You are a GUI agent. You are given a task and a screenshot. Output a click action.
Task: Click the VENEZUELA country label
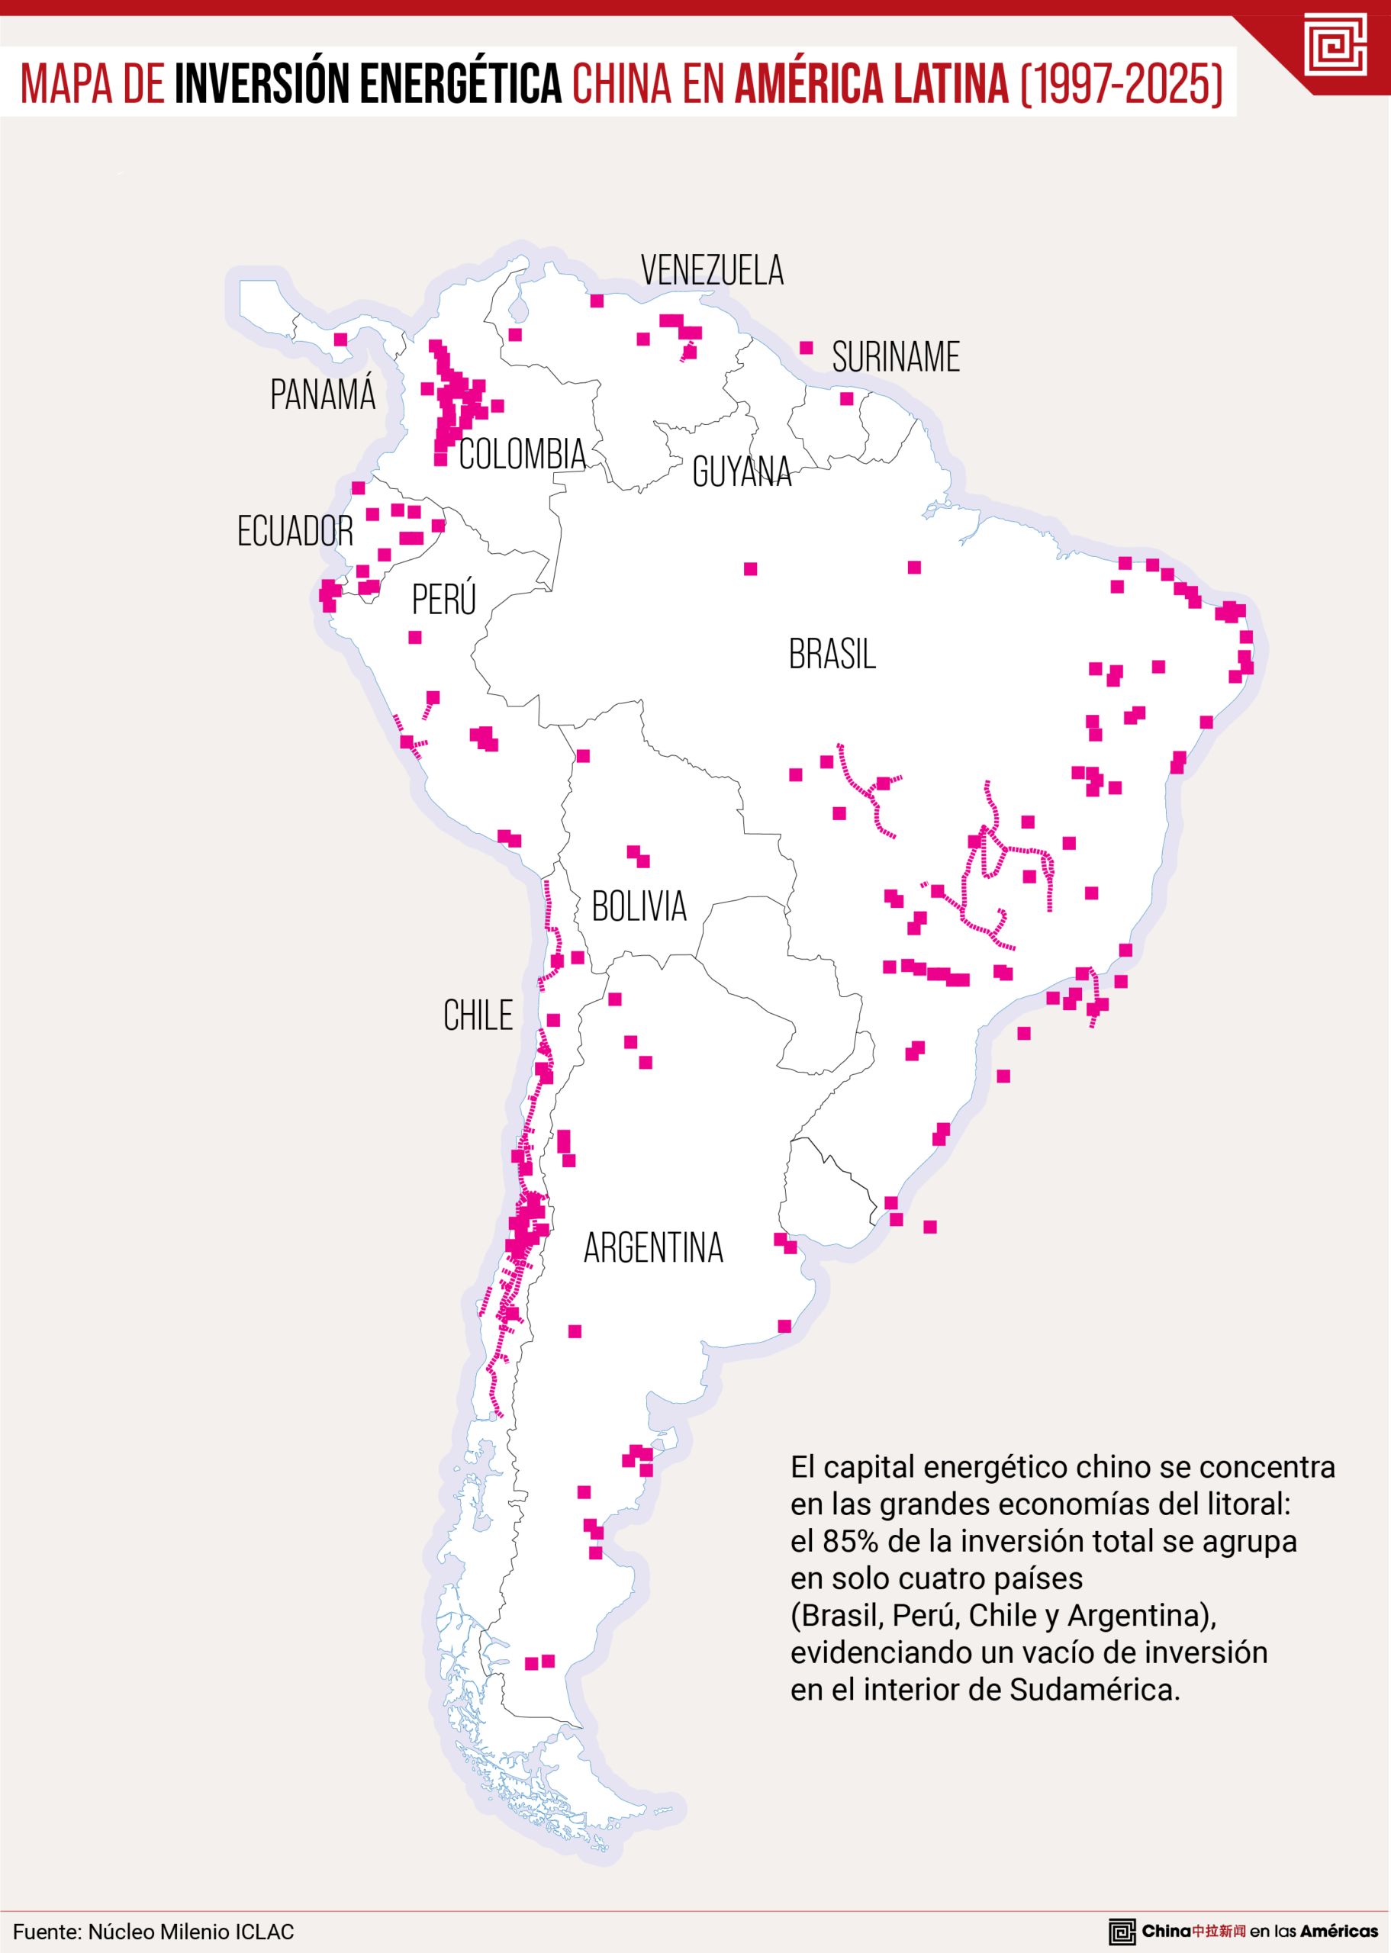click(712, 271)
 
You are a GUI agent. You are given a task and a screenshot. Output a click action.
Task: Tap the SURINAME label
click(895, 357)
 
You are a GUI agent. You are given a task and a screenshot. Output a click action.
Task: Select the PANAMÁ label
click(323, 394)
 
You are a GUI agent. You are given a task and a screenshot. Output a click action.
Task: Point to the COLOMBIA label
click(522, 455)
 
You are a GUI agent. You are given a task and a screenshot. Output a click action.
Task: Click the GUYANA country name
click(742, 471)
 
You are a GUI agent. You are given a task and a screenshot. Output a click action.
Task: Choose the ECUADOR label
click(295, 532)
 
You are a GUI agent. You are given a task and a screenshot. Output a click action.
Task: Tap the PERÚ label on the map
click(443, 600)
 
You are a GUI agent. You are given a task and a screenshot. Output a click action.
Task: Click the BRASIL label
click(832, 655)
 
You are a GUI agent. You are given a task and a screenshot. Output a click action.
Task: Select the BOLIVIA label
click(639, 907)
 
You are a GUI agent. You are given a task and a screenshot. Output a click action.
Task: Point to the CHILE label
click(478, 1016)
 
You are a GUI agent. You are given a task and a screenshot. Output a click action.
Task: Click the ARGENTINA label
click(653, 1248)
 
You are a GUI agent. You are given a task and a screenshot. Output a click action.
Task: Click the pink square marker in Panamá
click(340, 340)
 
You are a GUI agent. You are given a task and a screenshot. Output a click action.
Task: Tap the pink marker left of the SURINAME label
click(806, 348)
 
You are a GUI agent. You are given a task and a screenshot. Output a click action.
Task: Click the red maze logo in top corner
click(1335, 44)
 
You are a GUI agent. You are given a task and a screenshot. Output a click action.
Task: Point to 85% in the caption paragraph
click(851, 1541)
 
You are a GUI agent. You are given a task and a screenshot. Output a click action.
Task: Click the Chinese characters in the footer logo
click(1219, 1931)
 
